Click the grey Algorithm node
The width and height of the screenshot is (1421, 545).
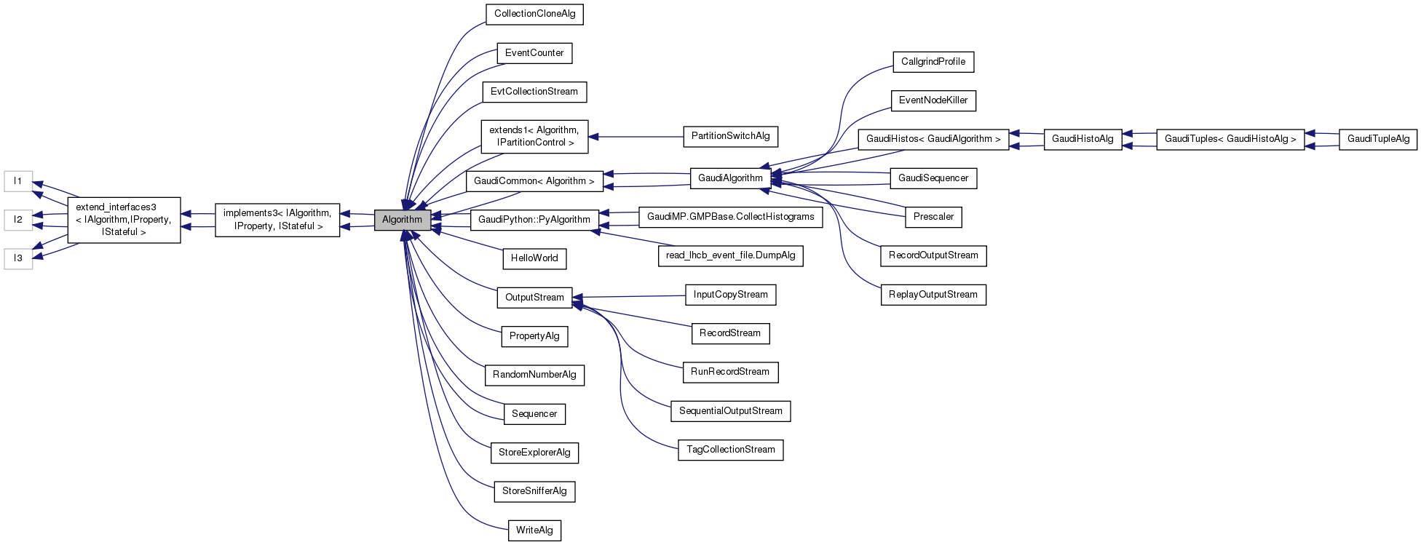(x=402, y=220)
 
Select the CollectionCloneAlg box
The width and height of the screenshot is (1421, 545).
(x=534, y=14)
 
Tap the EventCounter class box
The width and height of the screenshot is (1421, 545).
(x=534, y=53)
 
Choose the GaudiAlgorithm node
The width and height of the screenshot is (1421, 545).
(x=730, y=178)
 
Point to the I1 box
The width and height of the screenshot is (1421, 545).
(x=18, y=181)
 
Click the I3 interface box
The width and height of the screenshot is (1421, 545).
(x=18, y=258)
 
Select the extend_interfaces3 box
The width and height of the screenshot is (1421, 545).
(x=124, y=220)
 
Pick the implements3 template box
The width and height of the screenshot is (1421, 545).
(x=277, y=220)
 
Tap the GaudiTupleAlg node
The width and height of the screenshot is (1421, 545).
(x=1378, y=139)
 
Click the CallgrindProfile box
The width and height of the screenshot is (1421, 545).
(x=933, y=62)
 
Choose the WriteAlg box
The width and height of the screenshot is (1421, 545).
(x=534, y=530)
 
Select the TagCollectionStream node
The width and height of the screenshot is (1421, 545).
(x=730, y=450)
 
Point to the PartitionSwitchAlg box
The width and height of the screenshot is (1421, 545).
(x=730, y=136)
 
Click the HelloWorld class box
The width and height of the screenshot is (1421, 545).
(x=534, y=258)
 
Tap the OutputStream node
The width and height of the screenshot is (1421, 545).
(x=534, y=298)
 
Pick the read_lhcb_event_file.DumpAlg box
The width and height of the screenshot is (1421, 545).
(x=730, y=255)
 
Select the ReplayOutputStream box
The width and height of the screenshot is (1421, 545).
(x=933, y=295)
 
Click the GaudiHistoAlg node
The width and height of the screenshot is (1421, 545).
(x=1082, y=139)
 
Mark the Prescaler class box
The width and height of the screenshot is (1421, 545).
(x=933, y=217)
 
